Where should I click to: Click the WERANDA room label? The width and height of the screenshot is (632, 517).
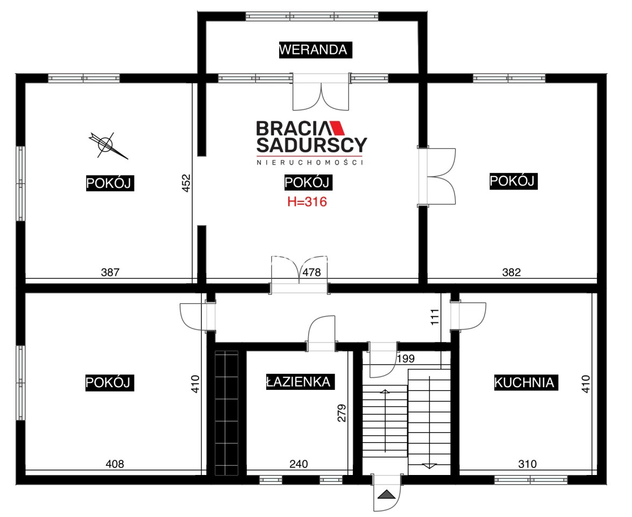point(316,50)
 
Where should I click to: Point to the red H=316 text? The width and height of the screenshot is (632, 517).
point(307,201)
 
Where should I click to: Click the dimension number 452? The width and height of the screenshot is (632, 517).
point(186,183)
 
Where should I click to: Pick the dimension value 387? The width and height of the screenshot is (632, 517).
point(110,273)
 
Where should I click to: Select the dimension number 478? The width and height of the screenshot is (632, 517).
point(311,273)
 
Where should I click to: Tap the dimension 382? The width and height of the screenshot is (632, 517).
point(512,273)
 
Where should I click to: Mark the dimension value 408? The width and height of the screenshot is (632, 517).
point(115,464)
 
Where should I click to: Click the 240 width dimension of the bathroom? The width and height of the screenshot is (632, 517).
point(299,464)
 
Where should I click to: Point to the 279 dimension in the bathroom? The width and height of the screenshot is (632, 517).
point(342,413)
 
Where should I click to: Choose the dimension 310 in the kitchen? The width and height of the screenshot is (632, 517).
point(528,464)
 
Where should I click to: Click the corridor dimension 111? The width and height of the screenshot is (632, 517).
point(435,317)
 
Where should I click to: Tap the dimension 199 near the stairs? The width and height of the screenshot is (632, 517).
point(406,358)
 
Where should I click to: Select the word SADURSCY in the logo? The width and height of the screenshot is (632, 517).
point(311,145)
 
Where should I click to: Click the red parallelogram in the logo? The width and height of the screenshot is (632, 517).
point(338,128)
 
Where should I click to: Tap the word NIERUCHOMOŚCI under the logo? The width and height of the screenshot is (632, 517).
point(310,162)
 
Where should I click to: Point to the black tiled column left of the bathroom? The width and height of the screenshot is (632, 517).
point(226,413)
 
